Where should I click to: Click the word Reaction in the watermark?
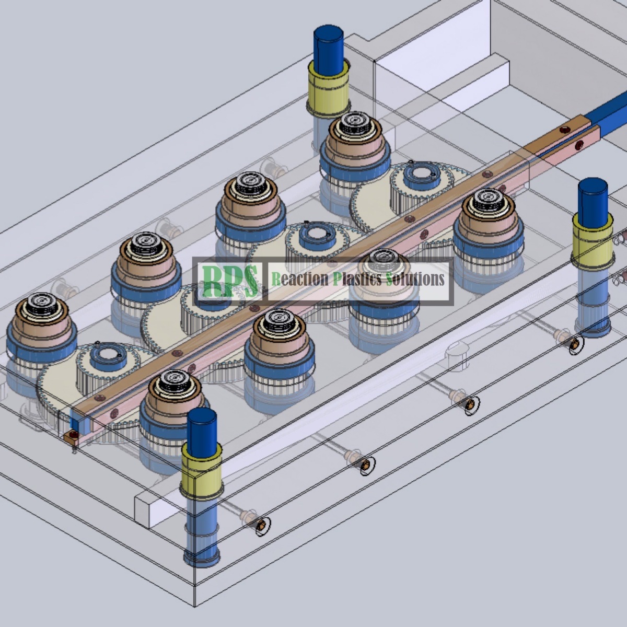(x=300, y=279)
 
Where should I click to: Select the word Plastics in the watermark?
(x=357, y=279)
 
